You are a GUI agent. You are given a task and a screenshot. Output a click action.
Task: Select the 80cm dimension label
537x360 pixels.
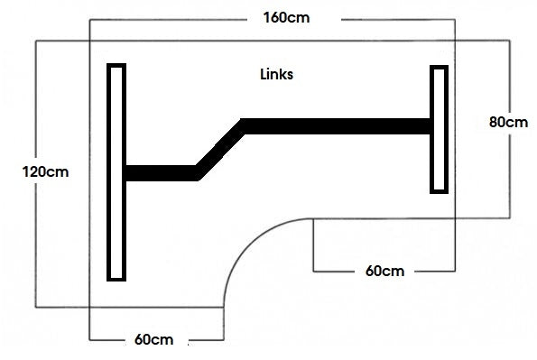pyautogui.click(x=508, y=122)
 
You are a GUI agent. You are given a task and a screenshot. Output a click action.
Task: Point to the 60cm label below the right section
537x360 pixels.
pyautogui.click(x=384, y=271)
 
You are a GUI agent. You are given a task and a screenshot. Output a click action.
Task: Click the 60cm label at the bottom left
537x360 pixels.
pyautogui.click(x=153, y=340)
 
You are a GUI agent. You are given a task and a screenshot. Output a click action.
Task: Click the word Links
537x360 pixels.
pyautogui.click(x=276, y=75)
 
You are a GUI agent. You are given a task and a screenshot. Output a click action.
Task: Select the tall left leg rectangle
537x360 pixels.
pyautogui.click(x=116, y=171)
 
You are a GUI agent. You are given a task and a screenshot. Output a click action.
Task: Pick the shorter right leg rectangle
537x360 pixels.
pyautogui.click(x=439, y=129)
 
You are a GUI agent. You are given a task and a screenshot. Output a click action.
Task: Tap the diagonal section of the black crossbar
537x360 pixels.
pyautogui.click(x=219, y=148)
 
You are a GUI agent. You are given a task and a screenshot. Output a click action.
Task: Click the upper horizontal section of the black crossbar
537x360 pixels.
pyautogui.click(x=334, y=127)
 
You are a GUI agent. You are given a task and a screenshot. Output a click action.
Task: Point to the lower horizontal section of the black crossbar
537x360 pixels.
pyautogui.click(x=160, y=172)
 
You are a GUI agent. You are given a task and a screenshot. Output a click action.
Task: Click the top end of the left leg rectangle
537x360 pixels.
pyautogui.click(x=116, y=67)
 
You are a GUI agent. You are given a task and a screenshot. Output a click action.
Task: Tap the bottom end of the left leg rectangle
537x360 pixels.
pyautogui.click(x=116, y=277)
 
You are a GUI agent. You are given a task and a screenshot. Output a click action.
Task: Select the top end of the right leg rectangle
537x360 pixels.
pyautogui.click(x=439, y=69)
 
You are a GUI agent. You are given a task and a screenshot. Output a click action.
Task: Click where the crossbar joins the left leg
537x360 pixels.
pyautogui.click(x=126, y=172)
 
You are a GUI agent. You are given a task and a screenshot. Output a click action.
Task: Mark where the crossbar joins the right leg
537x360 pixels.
pyautogui.click(x=430, y=127)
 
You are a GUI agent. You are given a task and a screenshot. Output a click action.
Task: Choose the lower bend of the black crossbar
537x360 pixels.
pyautogui.click(x=197, y=171)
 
